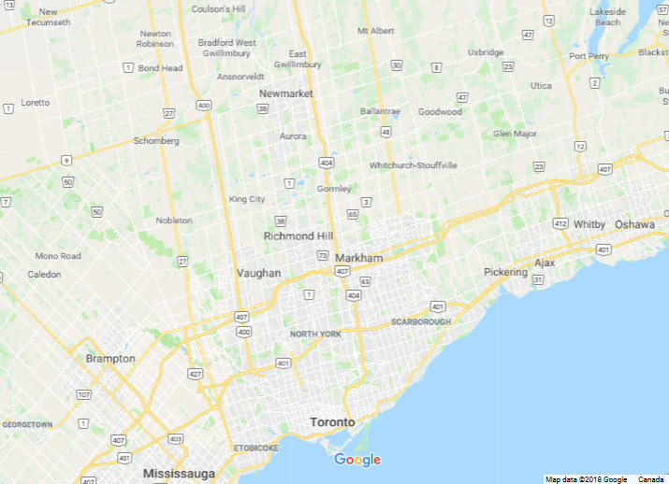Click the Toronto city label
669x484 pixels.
(x=332, y=422)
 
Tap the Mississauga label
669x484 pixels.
(x=180, y=474)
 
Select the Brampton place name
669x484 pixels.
(x=110, y=359)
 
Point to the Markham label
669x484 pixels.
(x=358, y=258)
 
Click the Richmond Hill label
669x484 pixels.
(x=298, y=236)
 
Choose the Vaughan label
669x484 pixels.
(x=258, y=273)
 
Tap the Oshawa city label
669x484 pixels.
(x=635, y=224)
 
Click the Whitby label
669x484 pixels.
(x=589, y=224)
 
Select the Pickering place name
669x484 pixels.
(x=506, y=272)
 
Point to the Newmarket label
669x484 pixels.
(x=286, y=93)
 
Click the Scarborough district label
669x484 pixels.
(x=420, y=322)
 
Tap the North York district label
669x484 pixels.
(x=315, y=335)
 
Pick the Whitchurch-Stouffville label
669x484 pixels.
(x=414, y=165)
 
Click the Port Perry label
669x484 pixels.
(x=589, y=56)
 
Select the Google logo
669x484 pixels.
(x=357, y=460)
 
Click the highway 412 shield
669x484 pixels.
(x=560, y=224)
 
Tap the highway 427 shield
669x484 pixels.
(x=196, y=374)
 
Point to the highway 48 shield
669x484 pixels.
(x=385, y=132)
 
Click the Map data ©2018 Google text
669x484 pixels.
(x=586, y=479)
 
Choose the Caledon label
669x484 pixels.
(x=44, y=275)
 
